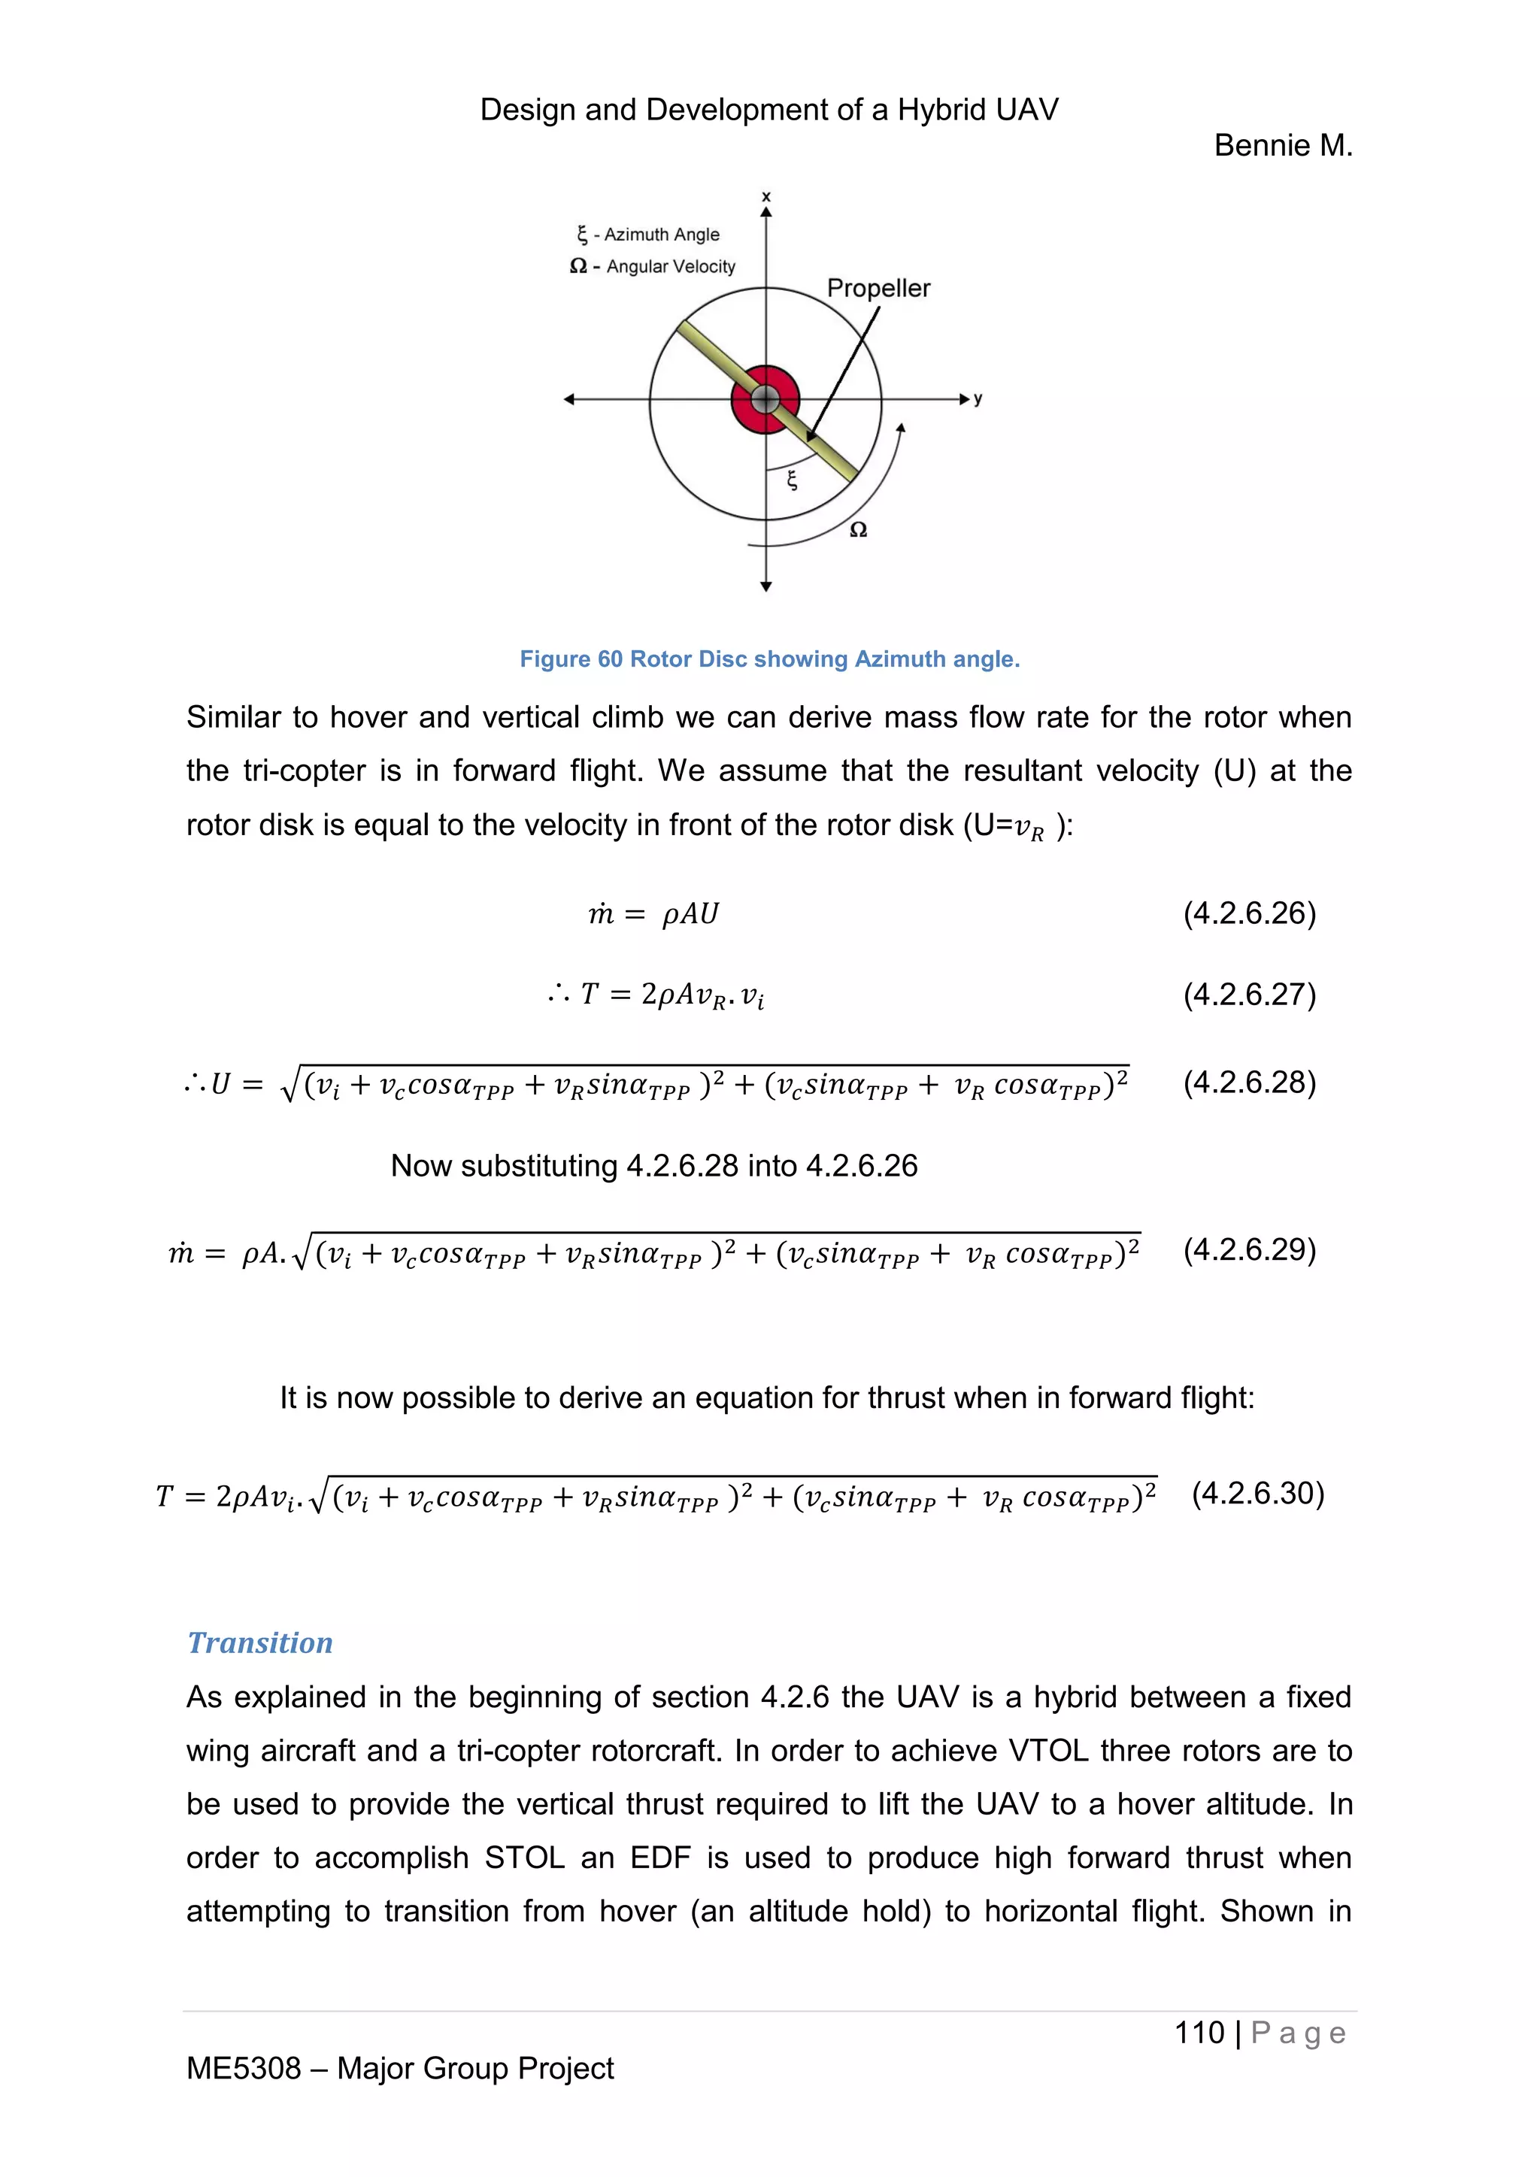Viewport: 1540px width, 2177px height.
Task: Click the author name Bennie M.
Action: [x=1282, y=146]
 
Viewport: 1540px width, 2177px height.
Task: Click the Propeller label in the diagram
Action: [x=878, y=288]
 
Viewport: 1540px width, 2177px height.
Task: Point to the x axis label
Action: [x=766, y=197]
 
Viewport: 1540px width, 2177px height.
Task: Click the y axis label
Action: [x=978, y=399]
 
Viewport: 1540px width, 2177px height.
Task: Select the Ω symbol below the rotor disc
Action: [x=857, y=530]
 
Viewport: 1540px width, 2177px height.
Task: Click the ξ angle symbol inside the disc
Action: [x=793, y=480]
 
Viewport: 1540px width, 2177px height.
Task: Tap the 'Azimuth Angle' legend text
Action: [x=661, y=235]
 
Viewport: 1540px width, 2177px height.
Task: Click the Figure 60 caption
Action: [x=769, y=659]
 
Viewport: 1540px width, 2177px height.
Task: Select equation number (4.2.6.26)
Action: [x=1249, y=913]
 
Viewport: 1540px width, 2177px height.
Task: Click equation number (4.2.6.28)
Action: [x=1249, y=1082]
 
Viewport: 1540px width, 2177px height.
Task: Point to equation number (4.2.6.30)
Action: [x=1257, y=1494]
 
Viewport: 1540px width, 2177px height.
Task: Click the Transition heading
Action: [x=260, y=1643]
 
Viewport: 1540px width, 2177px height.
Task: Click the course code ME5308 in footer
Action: [x=243, y=2068]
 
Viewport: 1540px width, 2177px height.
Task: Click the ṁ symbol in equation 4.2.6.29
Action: [x=180, y=1253]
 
